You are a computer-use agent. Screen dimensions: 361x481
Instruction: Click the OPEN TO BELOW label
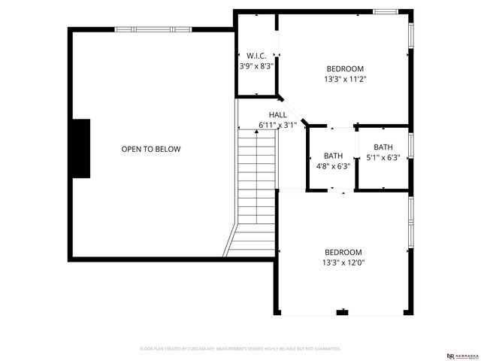coord(151,149)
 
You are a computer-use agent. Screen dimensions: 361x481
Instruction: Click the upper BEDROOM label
coord(345,68)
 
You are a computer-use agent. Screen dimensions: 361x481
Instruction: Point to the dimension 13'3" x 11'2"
coord(345,78)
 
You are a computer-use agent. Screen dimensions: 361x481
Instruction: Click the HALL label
coord(277,114)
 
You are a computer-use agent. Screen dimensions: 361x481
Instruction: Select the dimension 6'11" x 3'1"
coord(277,125)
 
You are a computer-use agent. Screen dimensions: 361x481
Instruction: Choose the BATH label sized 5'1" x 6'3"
coord(383,147)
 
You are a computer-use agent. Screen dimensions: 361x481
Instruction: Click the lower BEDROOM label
coord(343,252)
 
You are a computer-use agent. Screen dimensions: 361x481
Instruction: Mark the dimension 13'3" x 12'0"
coord(343,262)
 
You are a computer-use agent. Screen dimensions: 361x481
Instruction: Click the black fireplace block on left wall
coord(80,148)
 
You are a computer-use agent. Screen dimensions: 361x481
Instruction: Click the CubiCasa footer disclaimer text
coord(240,349)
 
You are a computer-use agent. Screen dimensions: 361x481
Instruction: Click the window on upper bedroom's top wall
coord(386,11)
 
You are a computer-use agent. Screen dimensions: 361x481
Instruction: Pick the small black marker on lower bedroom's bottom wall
coord(343,311)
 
